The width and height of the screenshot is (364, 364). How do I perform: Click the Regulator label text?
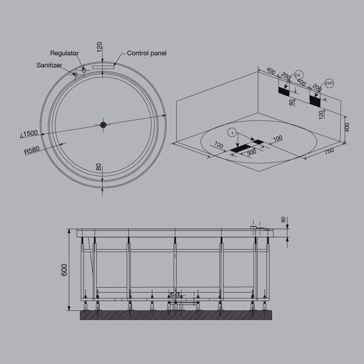pos(64,53)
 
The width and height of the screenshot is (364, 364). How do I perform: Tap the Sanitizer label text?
pos(49,65)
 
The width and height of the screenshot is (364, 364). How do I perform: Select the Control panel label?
pos(147,53)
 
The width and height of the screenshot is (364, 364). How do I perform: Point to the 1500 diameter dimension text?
pos(29,134)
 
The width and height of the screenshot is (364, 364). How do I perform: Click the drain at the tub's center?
pos(104,125)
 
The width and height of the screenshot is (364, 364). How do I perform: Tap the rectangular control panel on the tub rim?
pos(103,67)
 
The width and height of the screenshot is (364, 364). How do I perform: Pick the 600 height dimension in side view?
pos(64,270)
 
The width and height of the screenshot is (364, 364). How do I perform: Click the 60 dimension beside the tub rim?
pos(283,219)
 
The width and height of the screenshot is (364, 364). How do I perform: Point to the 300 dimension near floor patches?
pos(252,152)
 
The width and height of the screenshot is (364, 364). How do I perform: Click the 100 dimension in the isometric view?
pos(278,138)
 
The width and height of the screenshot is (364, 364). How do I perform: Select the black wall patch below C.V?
pos(284,91)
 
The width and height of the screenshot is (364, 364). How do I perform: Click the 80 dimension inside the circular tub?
pos(99,168)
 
